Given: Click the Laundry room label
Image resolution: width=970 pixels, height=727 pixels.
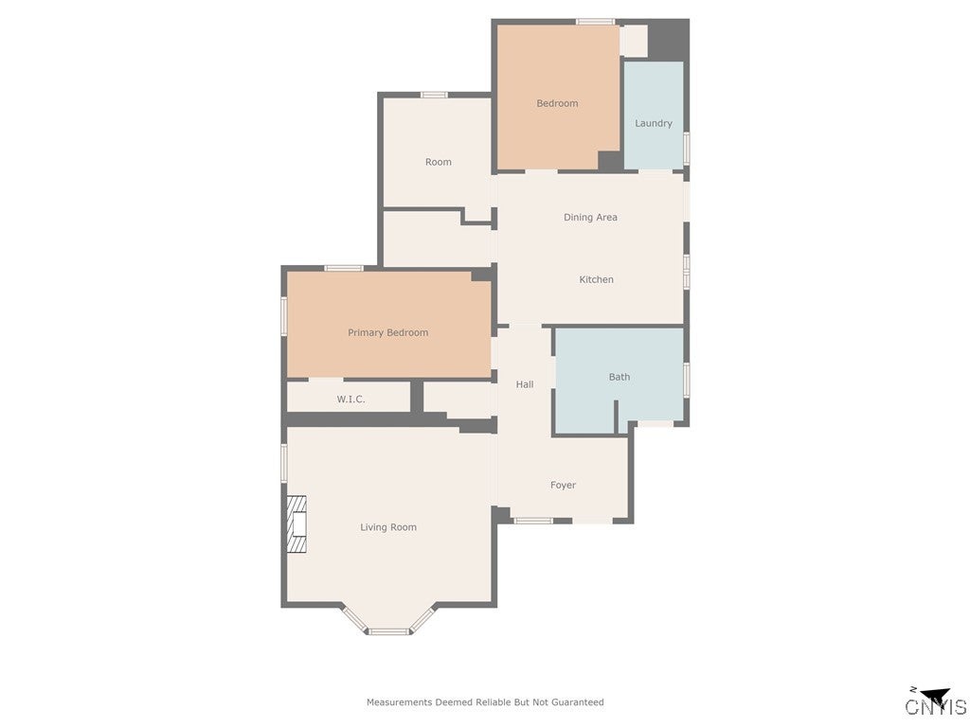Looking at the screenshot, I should tap(654, 123).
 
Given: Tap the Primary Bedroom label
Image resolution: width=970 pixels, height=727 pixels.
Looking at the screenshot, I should tap(387, 332).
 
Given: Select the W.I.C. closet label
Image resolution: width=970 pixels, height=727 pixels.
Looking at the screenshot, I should tap(350, 399).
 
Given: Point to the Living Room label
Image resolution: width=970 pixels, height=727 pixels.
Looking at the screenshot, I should tap(388, 527).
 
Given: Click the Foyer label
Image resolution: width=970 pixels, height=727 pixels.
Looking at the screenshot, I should tap(563, 485).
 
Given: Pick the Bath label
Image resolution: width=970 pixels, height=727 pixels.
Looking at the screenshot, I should tap(620, 377).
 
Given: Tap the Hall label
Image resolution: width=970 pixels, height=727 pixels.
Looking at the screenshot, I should tap(525, 384).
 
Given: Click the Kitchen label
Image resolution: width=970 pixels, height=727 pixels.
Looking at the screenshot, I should tap(597, 279).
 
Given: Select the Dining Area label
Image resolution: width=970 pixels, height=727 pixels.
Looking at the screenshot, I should tap(590, 217).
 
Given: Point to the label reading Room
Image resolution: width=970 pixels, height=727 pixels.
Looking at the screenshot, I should tap(438, 162).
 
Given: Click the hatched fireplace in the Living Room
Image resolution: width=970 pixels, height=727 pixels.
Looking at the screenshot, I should tap(297, 524).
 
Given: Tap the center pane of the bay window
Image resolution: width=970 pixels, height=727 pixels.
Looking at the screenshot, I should tap(388, 630).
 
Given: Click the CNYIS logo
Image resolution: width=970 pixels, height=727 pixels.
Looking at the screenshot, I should tap(935, 703).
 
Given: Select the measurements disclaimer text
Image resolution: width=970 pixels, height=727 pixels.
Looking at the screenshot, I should tap(485, 702).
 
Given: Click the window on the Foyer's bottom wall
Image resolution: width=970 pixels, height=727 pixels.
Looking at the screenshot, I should tap(533, 521).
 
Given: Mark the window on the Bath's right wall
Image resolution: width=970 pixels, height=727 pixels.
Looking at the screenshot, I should tap(686, 378).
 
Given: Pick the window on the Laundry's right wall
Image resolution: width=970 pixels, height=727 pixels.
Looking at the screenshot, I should tap(686, 150).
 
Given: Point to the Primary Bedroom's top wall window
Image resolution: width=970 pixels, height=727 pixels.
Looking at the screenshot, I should tap(344, 268).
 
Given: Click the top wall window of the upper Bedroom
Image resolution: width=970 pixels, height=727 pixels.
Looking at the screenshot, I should tap(595, 21).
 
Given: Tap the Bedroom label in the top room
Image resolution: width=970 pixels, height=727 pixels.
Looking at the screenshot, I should tap(557, 103).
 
